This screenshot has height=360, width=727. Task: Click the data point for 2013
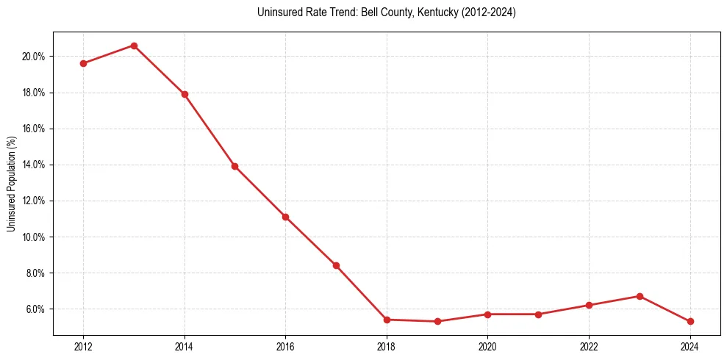(134, 46)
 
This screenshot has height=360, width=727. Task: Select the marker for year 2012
(83, 63)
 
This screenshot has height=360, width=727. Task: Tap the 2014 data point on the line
(185, 94)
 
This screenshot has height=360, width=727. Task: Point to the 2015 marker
(234, 166)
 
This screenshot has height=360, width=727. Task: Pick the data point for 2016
(285, 217)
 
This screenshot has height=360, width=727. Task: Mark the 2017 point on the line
(336, 265)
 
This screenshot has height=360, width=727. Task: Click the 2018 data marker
(387, 320)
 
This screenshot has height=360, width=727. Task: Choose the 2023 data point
(640, 296)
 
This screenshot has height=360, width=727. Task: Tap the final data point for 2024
(690, 321)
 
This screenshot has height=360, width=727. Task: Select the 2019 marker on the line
(437, 321)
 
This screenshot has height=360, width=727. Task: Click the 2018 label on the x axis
(387, 347)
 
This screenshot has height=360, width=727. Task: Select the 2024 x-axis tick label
(690, 347)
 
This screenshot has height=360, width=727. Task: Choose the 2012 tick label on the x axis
(83, 347)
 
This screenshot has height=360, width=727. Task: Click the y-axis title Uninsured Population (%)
(12, 184)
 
